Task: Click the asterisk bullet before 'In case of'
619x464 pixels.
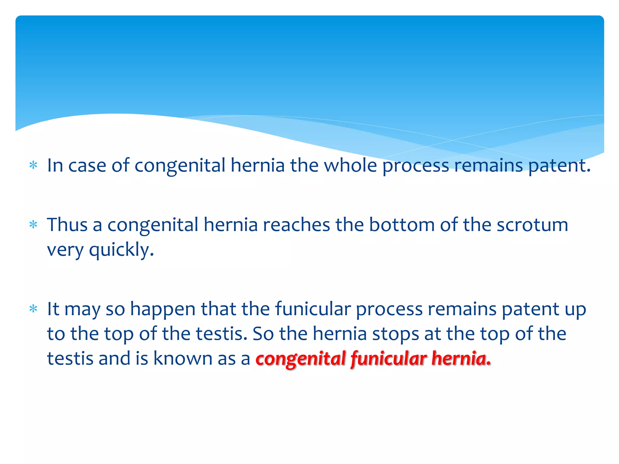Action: tap(33, 165)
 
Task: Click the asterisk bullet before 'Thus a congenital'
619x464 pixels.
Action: tap(33, 225)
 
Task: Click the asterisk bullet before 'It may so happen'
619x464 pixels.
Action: tap(33, 309)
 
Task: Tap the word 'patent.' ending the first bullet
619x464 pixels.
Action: tap(559, 166)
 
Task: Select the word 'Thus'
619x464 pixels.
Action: tap(67, 225)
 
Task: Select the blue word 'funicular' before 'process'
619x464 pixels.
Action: tap(313, 309)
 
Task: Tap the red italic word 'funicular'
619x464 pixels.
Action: tap(389, 358)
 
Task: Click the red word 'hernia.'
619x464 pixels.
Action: tap(461, 358)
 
